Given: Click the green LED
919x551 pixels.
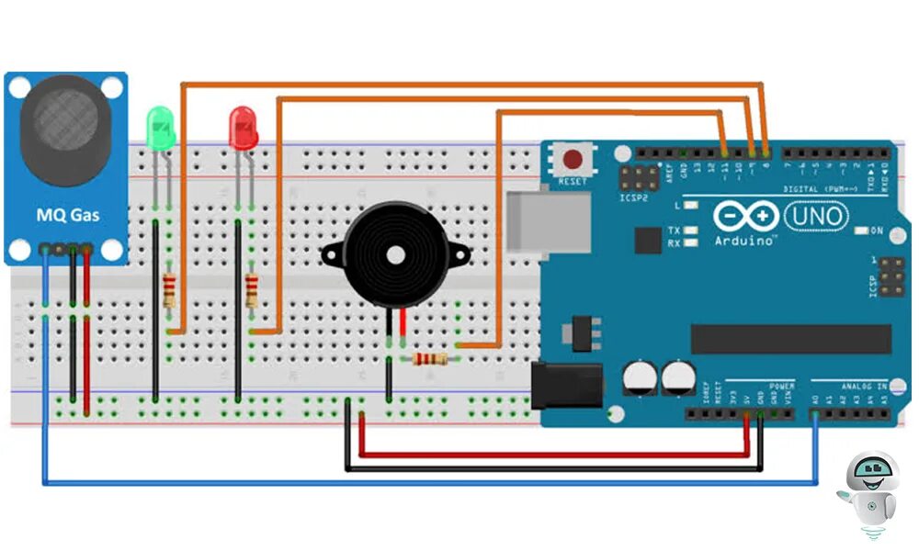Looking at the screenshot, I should click(x=161, y=127).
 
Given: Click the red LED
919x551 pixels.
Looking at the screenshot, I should click(x=244, y=126).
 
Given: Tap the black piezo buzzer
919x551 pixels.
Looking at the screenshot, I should click(x=396, y=253).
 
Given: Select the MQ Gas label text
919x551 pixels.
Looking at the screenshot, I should click(x=68, y=216).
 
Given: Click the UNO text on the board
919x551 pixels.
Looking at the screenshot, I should click(x=816, y=216).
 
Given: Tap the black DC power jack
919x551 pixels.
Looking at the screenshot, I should click(x=565, y=384).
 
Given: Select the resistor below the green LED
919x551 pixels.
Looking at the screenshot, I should click(x=169, y=291).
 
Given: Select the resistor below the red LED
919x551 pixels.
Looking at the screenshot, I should click(x=252, y=291).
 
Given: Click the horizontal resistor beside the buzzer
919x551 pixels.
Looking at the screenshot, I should click(x=429, y=358).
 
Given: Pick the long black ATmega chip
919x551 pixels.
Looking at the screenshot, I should click(x=790, y=338).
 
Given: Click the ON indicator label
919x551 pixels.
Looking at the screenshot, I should click(x=877, y=231).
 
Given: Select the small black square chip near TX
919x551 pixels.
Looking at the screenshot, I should click(x=648, y=241).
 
